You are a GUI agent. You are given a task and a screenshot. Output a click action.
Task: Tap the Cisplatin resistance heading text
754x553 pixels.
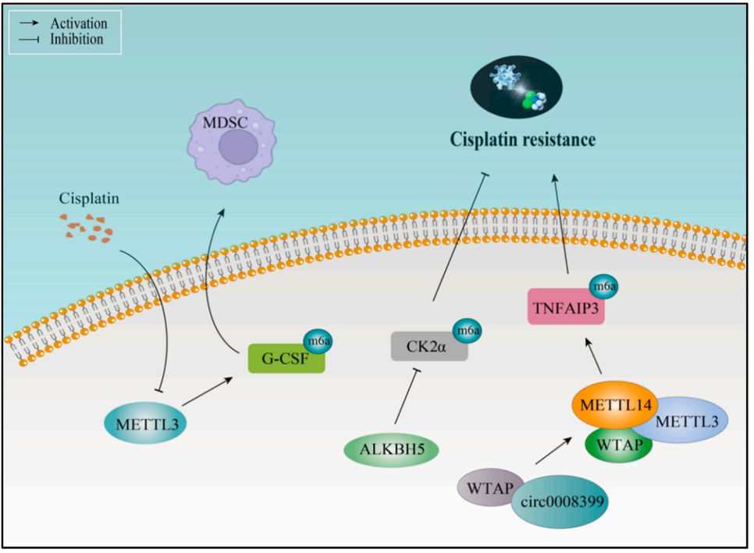(521, 140)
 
